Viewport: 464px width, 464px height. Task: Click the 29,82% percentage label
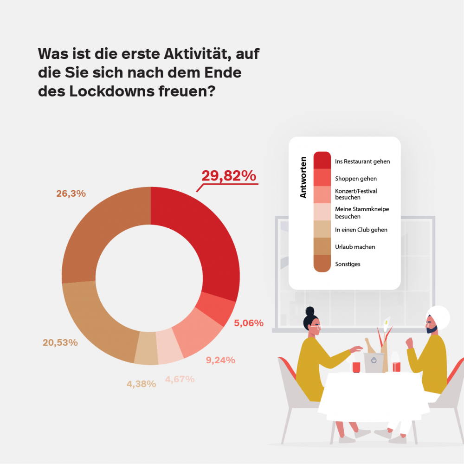[228, 176]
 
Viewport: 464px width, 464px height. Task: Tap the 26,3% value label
[71, 194]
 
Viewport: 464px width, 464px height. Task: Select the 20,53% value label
[60, 343]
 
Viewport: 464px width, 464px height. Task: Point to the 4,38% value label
[141, 384]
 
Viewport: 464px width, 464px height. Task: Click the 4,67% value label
[180, 379]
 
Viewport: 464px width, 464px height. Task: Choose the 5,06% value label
[249, 323]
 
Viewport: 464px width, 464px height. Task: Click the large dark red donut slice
[204, 241]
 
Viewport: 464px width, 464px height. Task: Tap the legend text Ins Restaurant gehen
[362, 162]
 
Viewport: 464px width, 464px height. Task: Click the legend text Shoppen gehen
[355, 179]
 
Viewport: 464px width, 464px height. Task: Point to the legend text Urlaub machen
[355, 247]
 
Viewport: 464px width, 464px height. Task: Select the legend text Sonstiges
[348, 264]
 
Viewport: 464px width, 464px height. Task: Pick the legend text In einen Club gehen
[361, 230]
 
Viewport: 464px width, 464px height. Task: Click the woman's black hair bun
[309, 311]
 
